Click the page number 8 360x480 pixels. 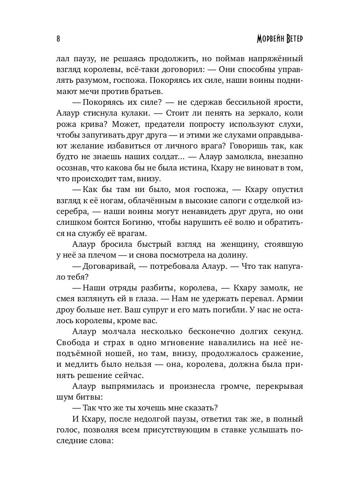pyautogui.click(x=58, y=39)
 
